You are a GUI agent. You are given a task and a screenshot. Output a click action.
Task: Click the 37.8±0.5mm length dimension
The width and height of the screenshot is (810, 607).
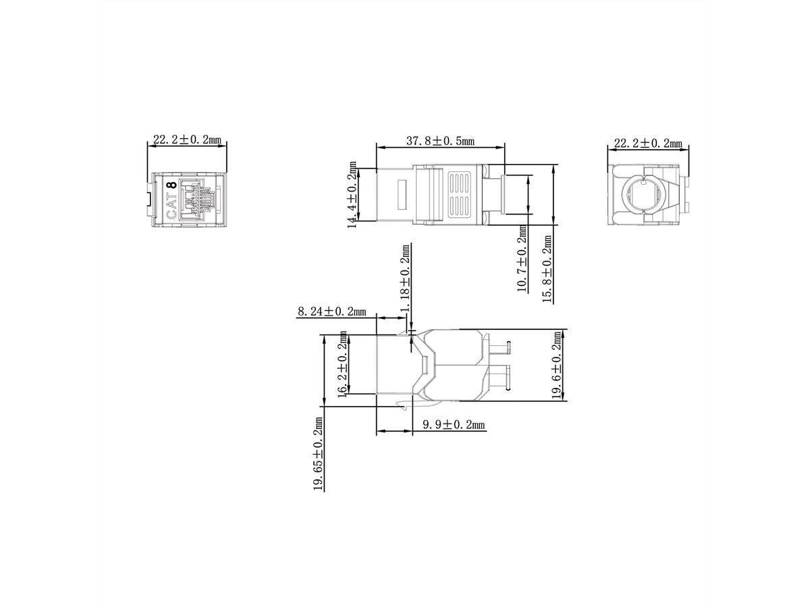click(x=440, y=140)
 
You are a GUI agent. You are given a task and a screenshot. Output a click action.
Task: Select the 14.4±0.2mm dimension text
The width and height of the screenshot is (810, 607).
click(x=352, y=195)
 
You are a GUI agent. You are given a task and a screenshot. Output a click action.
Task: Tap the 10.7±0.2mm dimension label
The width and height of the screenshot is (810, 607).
click(x=522, y=258)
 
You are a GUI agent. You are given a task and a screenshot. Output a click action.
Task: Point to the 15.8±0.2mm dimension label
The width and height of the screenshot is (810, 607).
click(x=547, y=269)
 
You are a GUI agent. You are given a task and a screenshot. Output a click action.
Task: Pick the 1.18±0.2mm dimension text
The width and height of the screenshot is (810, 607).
click(x=405, y=278)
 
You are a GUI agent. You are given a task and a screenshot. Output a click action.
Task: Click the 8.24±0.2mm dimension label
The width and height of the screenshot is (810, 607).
click(x=331, y=312)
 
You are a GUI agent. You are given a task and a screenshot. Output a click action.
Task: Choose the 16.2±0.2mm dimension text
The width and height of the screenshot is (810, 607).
click(x=342, y=364)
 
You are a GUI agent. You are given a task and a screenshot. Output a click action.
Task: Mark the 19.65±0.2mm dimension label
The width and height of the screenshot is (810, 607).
click(x=318, y=454)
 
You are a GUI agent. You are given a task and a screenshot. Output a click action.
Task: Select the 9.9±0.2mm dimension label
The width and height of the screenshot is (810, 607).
click(x=454, y=425)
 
